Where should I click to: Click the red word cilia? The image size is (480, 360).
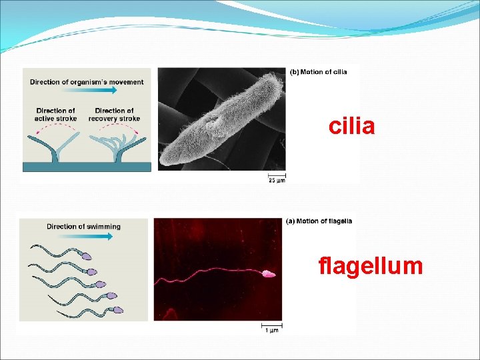point(351,127)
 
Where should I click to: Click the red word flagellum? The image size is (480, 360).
point(371,267)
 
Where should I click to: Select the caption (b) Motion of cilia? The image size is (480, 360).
point(318,72)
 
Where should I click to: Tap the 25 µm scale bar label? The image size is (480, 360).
point(276,179)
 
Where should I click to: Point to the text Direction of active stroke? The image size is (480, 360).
point(56,115)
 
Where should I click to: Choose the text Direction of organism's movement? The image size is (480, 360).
point(87,82)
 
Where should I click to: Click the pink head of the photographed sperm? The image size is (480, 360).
point(268,274)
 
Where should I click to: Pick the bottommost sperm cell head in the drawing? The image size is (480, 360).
point(118,310)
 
